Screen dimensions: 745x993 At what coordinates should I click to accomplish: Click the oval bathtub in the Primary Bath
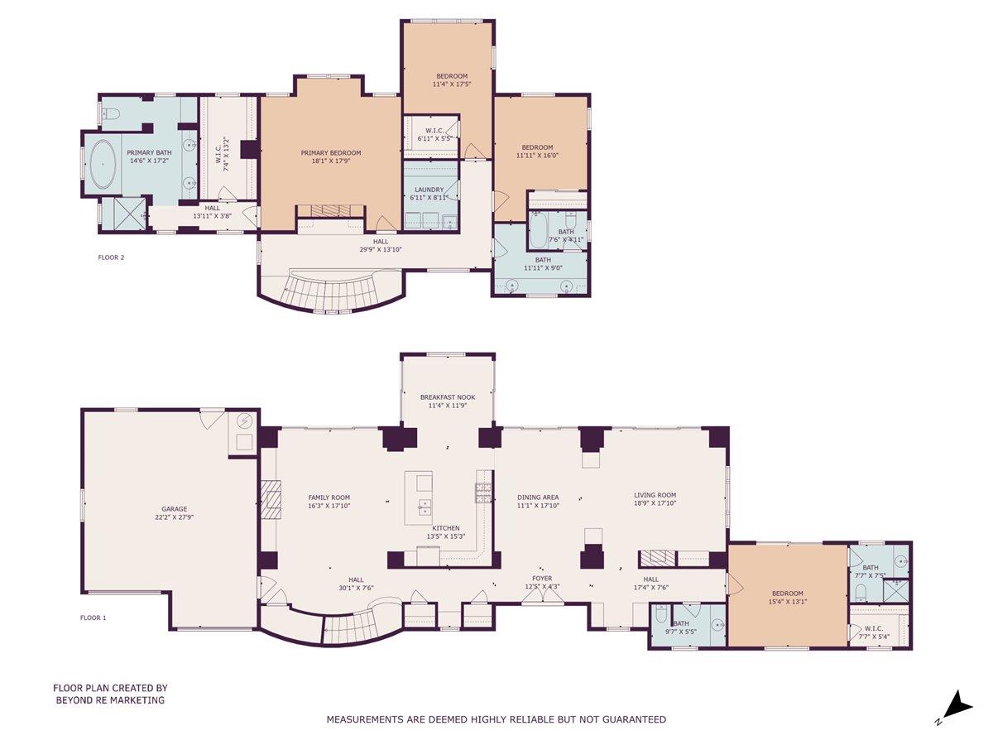(x=103, y=164)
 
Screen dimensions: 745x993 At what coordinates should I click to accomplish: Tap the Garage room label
(x=174, y=509)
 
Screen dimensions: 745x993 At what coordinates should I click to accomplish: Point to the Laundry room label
(x=429, y=190)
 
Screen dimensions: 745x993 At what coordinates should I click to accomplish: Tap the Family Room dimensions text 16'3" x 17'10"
(x=329, y=505)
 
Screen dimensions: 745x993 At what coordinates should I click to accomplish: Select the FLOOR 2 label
(x=111, y=257)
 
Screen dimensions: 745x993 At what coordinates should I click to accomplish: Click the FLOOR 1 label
(x=93, y=618)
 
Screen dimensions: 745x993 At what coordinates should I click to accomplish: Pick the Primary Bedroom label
(x=331, y=153)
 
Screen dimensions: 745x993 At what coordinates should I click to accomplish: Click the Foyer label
(x=542, y=579)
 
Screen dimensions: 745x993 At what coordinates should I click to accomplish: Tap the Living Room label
(x=655, y=495)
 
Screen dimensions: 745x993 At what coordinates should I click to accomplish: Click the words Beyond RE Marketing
(x=110, y=700)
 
